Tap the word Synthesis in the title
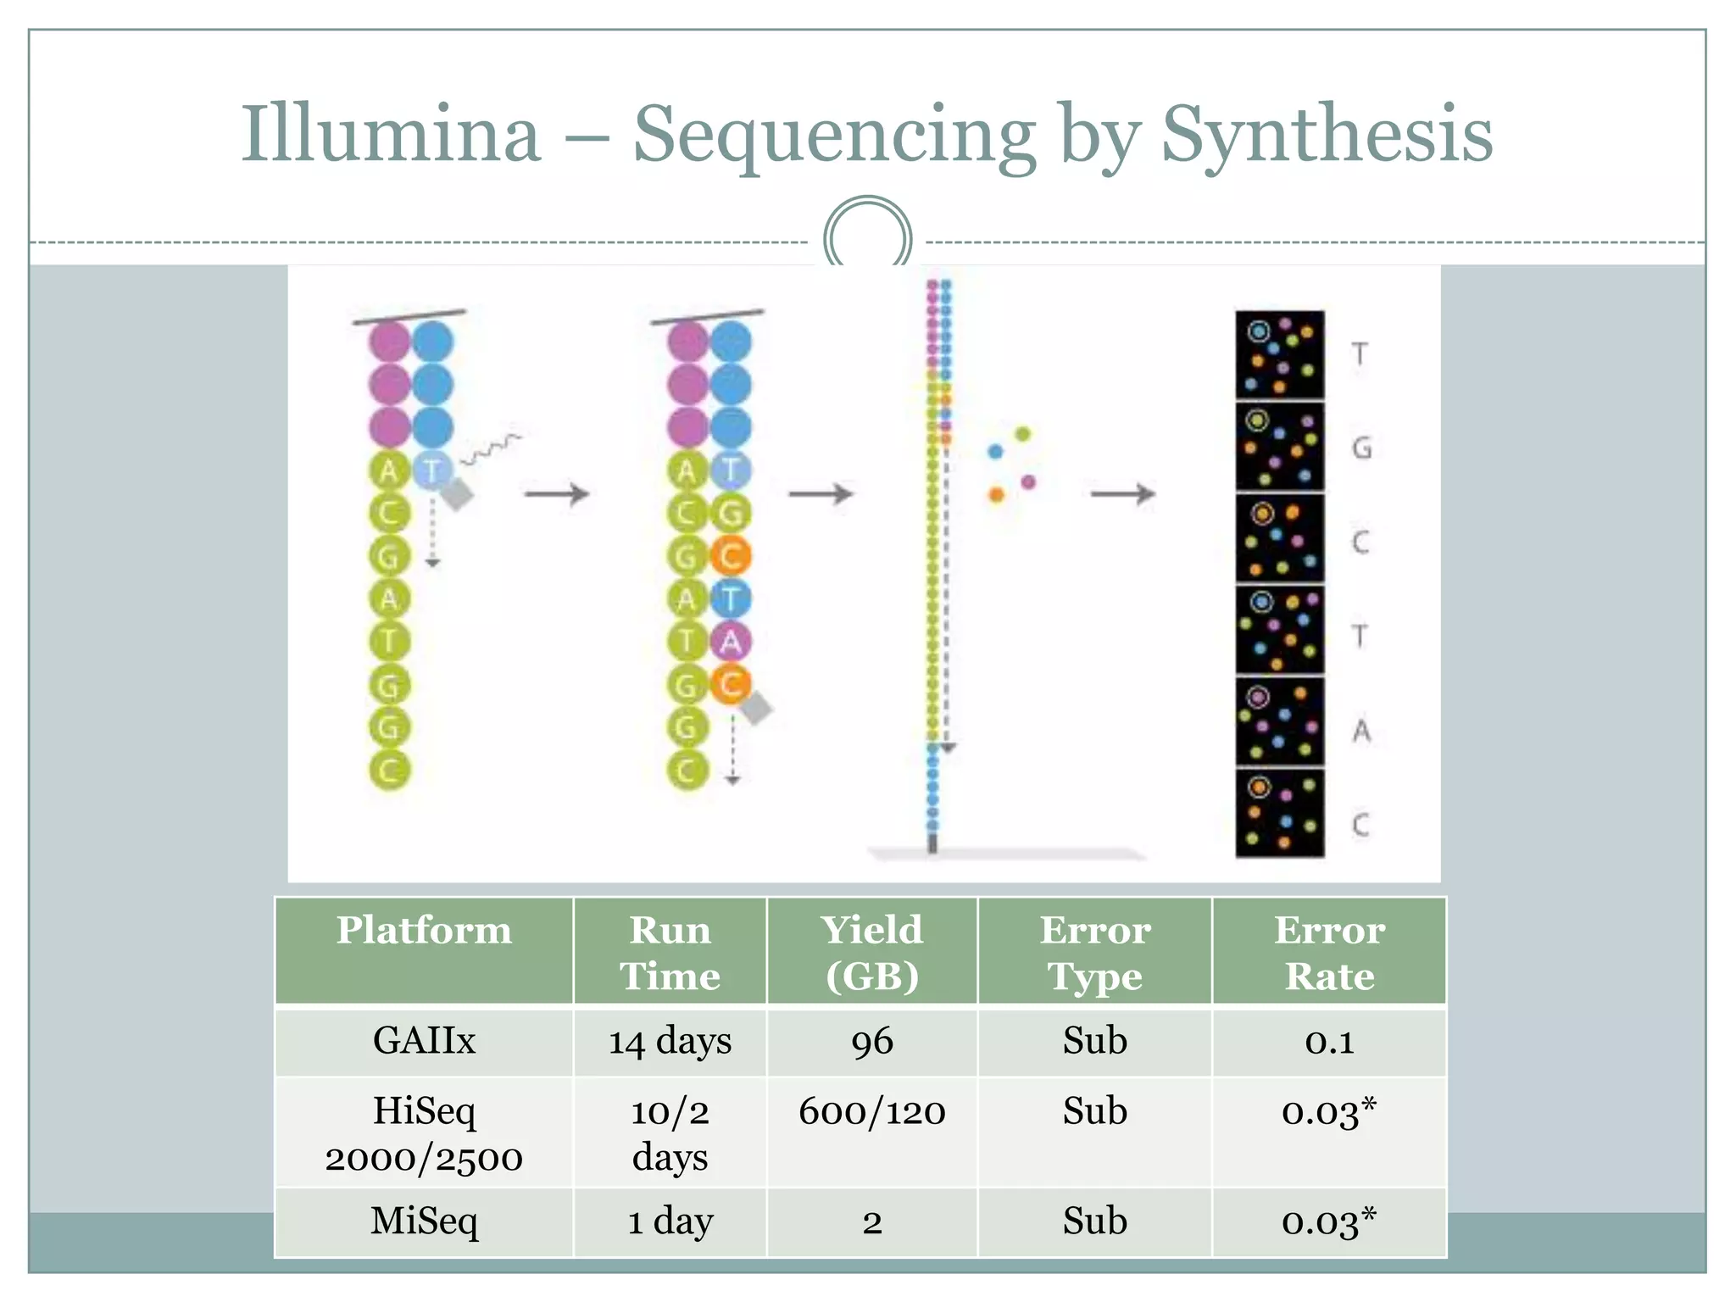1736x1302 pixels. click(x=1326, y=136)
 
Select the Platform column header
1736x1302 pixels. click(x=424, y=931)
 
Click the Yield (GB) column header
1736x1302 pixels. click(x=871, y=952)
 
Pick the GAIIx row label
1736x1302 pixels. click(x=424, y=1040)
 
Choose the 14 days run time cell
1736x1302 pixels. click(x=670, y=1041)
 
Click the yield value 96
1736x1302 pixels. click(x=871, y=1041)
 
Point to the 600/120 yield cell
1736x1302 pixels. click(x=871, y=1111)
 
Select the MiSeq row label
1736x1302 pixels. click(x=424, y=1221)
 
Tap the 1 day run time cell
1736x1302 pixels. click(x=670, y=1221)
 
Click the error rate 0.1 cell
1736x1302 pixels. click(x=1329, y=1041)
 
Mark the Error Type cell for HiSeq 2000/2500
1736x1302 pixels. click(x=1094, y=1111)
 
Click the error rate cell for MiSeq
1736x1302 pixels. click(x=1328, y=1221)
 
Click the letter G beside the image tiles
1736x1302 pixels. click(x=1361, y=447)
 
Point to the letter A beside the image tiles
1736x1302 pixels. click(x=1361, y=730)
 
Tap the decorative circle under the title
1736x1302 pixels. click(x=867, y=237)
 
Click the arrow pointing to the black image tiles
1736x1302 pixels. click(x=1122, y=493)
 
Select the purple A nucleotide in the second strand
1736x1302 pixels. click(x=730, y=642)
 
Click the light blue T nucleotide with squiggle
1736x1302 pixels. click(x=433, y=470)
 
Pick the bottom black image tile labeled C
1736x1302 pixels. click(x=1279, y=814)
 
